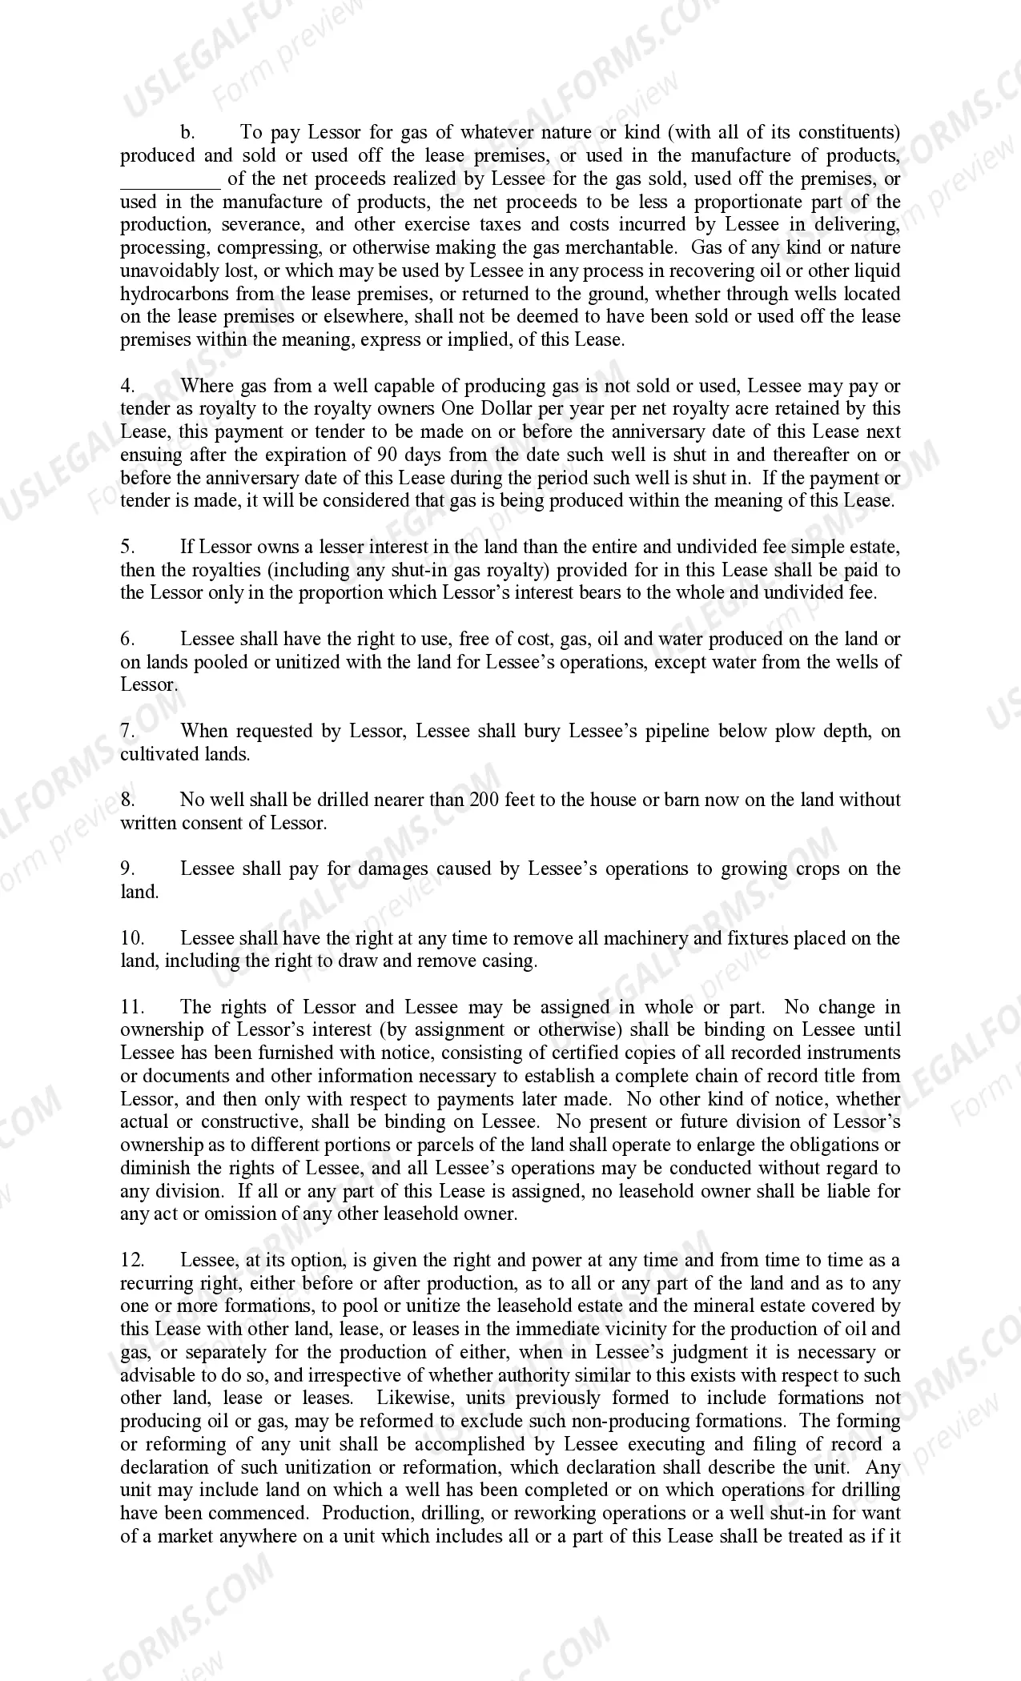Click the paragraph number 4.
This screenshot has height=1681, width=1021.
click(128, 386)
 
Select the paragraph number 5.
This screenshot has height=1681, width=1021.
click(128, 548)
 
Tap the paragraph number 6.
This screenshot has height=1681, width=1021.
click(128, 640)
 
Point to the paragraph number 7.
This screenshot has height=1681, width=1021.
click(128, 731)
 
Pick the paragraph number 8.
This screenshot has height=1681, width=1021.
click(128, 800)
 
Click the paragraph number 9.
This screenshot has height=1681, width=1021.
click(128, 869)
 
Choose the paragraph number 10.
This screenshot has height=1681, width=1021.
click(132, 938)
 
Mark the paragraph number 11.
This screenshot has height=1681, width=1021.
click(132, 1007)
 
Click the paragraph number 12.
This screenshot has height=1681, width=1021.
click(132, 1260)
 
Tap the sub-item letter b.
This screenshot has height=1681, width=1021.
click(187, 132)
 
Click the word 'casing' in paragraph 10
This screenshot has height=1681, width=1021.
click(509, 961)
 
